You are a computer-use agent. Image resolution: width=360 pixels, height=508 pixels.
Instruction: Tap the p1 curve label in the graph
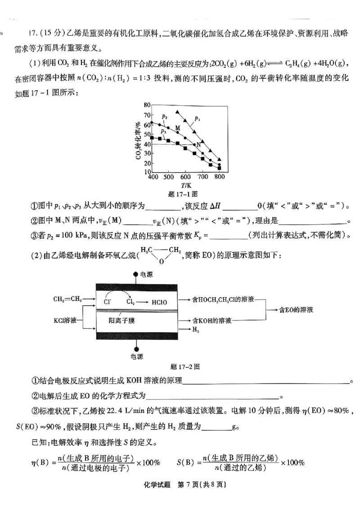[x=198, y=118]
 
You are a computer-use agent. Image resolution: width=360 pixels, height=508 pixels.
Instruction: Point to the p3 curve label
[x=163, y=131]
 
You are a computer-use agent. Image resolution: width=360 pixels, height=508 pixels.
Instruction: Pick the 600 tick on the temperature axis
[x=186, y=177]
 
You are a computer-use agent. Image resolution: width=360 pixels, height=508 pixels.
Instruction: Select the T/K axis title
[x=186, y=185]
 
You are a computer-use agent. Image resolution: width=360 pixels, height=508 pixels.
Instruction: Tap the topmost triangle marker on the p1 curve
[x=178, y=111]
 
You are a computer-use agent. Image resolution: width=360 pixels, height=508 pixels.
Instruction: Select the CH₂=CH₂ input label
[x=67, y=298]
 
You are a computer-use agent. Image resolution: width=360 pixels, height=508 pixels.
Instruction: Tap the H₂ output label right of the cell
[x=196, y=330]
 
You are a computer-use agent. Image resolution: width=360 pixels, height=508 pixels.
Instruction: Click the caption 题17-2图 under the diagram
[x=186, y=366]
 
